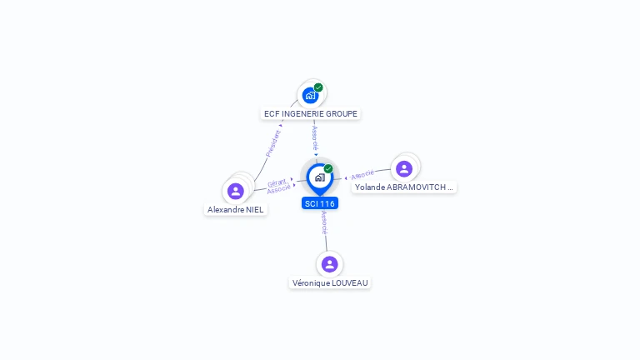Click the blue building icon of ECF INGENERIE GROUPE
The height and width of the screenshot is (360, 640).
310,96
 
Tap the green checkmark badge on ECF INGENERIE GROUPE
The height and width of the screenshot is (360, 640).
318,87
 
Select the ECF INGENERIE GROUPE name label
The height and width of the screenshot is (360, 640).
311,114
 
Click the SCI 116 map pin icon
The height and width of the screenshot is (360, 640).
320,179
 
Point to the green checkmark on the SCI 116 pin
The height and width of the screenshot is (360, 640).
328,168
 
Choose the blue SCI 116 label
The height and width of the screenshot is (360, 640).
320,203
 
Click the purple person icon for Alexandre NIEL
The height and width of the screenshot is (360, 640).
236,191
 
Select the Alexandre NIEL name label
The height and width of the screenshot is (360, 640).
236,210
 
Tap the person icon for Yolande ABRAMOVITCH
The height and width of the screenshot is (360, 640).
404,168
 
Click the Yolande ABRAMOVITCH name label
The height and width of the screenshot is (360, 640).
404,187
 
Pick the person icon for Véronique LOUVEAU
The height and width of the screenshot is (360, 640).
330,264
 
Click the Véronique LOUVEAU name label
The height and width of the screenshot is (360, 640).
330,282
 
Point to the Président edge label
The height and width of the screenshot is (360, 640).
273,143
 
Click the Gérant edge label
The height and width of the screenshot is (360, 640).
277,182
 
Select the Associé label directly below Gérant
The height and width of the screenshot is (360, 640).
279,188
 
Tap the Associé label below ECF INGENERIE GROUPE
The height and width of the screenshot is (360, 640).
315,138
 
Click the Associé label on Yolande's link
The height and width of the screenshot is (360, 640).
362,175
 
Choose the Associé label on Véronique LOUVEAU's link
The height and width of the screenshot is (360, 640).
324,222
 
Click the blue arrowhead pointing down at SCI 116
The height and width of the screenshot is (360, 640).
316,155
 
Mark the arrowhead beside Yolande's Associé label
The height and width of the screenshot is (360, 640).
346,178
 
